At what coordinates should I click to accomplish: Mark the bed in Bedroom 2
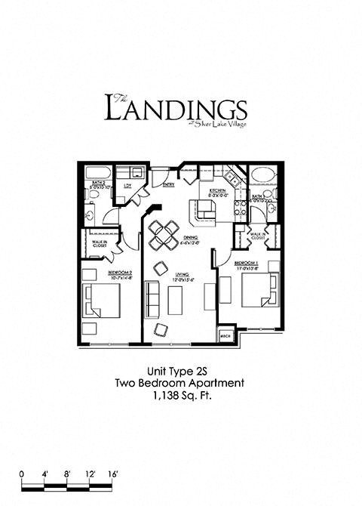point(103,302)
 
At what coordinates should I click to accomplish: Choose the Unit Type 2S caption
point(179,372)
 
